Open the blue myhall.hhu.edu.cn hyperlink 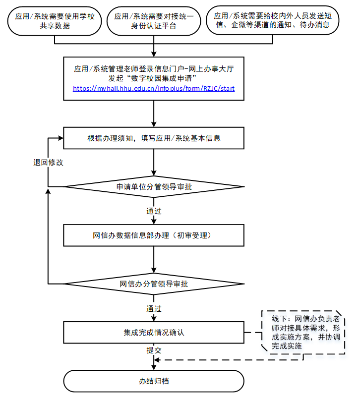click(154, 88)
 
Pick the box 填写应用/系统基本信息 click(154, 138)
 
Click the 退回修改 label click(45, 163)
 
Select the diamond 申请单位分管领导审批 click(154, 187)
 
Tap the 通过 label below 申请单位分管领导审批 click(154, 211)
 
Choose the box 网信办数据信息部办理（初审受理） click(154, 235)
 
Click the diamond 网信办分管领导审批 click(154, 284)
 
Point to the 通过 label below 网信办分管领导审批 click(154, 308)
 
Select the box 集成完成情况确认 click(154, 332)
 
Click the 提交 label click(154, 350)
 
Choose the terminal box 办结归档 click(154, 382)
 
